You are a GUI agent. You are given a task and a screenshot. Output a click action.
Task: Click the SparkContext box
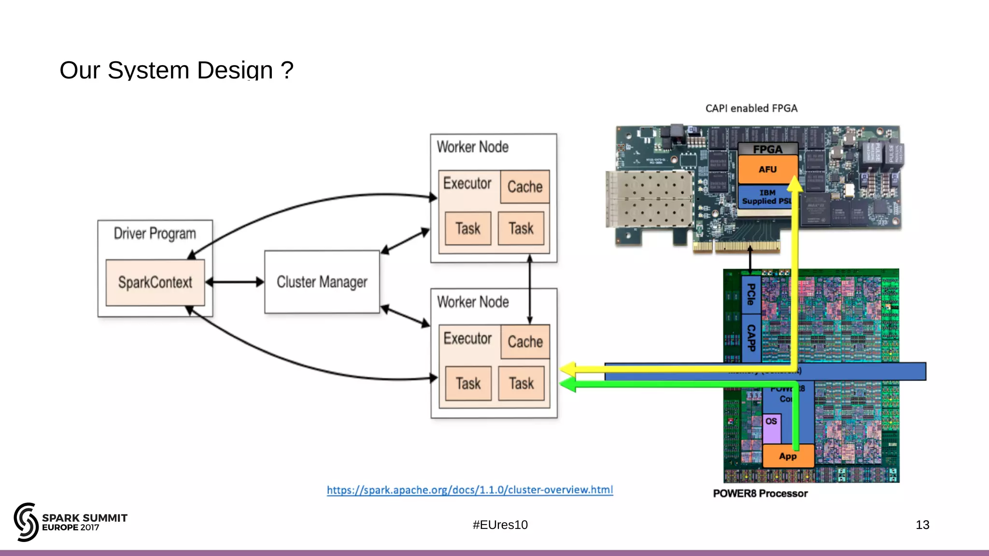[155, 282]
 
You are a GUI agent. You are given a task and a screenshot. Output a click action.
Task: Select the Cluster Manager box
[322, 282]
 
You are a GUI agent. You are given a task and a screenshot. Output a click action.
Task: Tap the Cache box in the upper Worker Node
[525, 187]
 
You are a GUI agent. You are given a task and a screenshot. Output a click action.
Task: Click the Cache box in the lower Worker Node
[525, 342]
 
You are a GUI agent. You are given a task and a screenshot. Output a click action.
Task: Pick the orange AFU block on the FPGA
[767, 169]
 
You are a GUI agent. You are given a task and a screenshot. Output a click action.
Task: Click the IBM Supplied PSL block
[765, 197]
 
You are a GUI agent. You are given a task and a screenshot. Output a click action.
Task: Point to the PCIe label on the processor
[751, 294]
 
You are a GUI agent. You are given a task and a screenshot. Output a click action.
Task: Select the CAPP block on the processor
[751, 338]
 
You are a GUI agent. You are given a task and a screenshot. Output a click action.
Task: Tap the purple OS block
[771, 428]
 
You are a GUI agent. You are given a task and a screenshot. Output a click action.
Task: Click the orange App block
[788, 456]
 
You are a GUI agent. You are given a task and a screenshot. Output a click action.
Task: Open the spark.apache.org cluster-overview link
[470, 490]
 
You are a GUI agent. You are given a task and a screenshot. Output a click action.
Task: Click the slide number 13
[922, 525]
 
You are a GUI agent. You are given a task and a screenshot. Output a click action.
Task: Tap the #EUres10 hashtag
[500, 525]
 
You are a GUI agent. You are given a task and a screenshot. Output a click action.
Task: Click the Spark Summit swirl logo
[26, 522]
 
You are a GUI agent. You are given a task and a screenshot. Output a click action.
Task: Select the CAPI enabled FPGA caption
[751, 109]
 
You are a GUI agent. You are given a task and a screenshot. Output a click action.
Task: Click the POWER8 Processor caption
[760, 493]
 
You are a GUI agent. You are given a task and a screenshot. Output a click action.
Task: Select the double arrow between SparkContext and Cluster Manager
[235, 282]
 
